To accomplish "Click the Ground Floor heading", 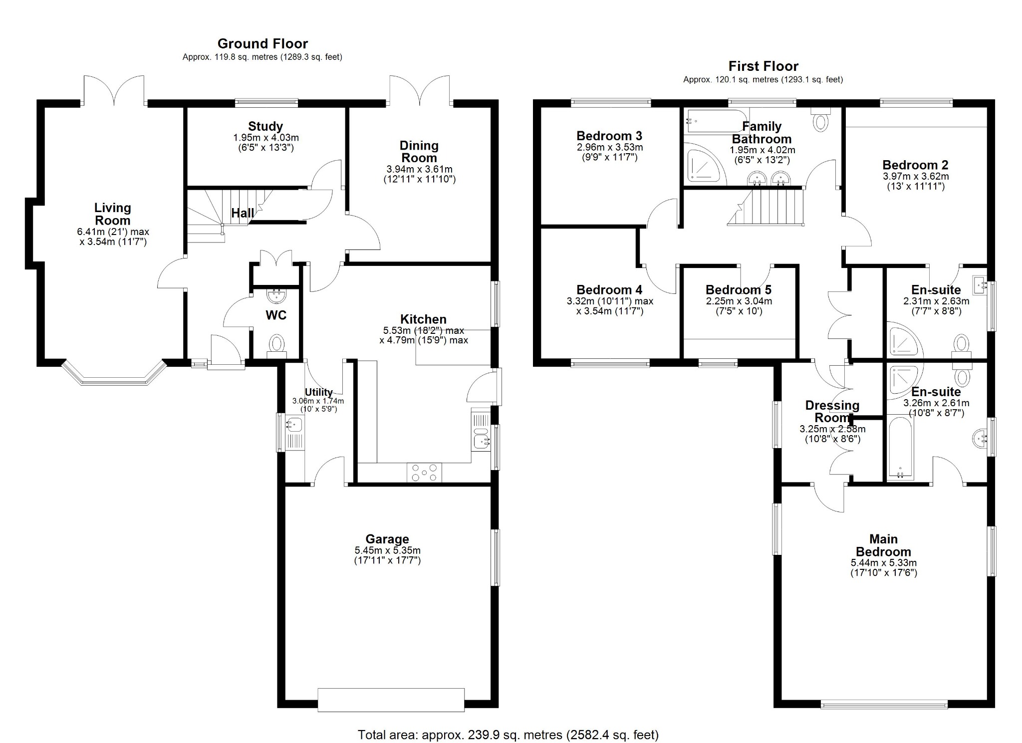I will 262,44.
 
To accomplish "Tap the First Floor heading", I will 763,66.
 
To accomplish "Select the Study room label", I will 265,127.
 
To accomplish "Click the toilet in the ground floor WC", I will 276,344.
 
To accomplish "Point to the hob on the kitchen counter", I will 424,472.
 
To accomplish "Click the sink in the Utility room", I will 293,425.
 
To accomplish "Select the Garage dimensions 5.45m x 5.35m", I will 387,550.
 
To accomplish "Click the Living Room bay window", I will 114,375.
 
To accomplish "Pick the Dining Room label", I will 419,152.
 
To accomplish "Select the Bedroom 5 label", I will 738,290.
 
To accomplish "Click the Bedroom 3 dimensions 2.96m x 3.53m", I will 609,147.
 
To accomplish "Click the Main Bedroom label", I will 883,545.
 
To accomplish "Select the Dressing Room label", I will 832,412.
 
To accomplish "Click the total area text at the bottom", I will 508,735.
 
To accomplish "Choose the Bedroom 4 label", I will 609,290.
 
